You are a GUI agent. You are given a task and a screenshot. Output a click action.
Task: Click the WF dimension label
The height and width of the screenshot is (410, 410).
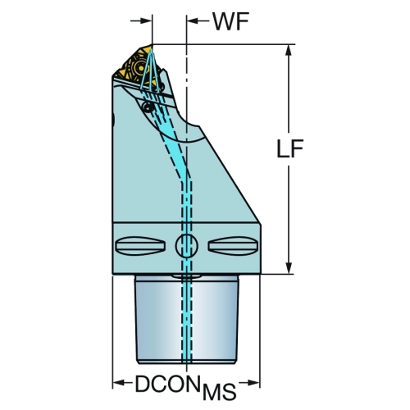pos(231,21)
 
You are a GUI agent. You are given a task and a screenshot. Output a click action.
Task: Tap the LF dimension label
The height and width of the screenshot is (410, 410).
pos(290,148)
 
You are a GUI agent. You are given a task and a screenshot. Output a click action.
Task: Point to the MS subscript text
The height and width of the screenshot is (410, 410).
pos(220,392)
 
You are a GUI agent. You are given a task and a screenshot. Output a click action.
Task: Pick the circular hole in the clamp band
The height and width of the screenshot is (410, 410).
pos(187,246)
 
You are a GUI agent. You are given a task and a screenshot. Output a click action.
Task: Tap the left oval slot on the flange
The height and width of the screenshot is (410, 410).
pos(140,246)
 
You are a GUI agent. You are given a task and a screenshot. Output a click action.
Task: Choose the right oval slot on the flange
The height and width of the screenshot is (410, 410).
pos(233,246)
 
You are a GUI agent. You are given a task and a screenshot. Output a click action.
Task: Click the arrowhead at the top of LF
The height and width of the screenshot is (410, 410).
pos(289,51)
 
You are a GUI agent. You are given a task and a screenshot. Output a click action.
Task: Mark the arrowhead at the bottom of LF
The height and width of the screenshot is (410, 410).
pos(289,266)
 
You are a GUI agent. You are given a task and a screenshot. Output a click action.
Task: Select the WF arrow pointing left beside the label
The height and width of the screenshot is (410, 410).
pos(198,20)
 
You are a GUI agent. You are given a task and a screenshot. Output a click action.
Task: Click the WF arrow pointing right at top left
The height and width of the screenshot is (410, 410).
pos(141,20)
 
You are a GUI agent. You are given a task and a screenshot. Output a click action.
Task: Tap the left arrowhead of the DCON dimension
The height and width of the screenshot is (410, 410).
pos(118,382)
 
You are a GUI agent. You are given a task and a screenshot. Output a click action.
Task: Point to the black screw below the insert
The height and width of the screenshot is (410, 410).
pos(148,107)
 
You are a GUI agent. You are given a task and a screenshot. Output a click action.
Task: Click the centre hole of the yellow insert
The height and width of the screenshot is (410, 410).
pos(139,66)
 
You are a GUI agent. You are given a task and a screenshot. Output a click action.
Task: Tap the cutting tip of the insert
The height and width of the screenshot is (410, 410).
pos(152,46)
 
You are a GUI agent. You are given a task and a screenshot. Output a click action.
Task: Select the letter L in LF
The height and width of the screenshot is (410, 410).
pos(283,148)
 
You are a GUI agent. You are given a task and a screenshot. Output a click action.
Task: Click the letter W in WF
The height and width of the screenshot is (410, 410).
pos(224,21)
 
